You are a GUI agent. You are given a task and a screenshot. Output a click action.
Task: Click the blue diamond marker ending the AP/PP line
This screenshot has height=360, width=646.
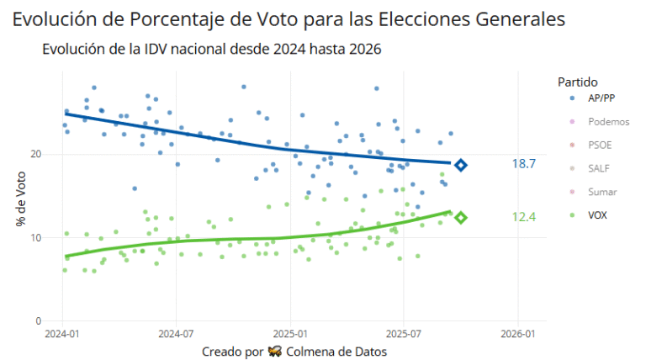(x=460, y=165)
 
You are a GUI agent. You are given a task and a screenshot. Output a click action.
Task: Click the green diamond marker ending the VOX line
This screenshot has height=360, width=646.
(x=460, y=218)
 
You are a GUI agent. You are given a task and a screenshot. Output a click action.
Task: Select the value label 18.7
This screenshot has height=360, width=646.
(x=524, y=164)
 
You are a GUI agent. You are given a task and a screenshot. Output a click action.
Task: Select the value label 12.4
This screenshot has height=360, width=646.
(x=524, y=217)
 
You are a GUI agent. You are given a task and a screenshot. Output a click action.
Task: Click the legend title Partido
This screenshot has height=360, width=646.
(x=577, y=82)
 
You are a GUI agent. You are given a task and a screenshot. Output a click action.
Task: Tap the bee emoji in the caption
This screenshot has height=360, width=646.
(x=274, y=351)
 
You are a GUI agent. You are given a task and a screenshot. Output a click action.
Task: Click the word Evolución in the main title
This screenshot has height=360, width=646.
(x=51, y=18)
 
